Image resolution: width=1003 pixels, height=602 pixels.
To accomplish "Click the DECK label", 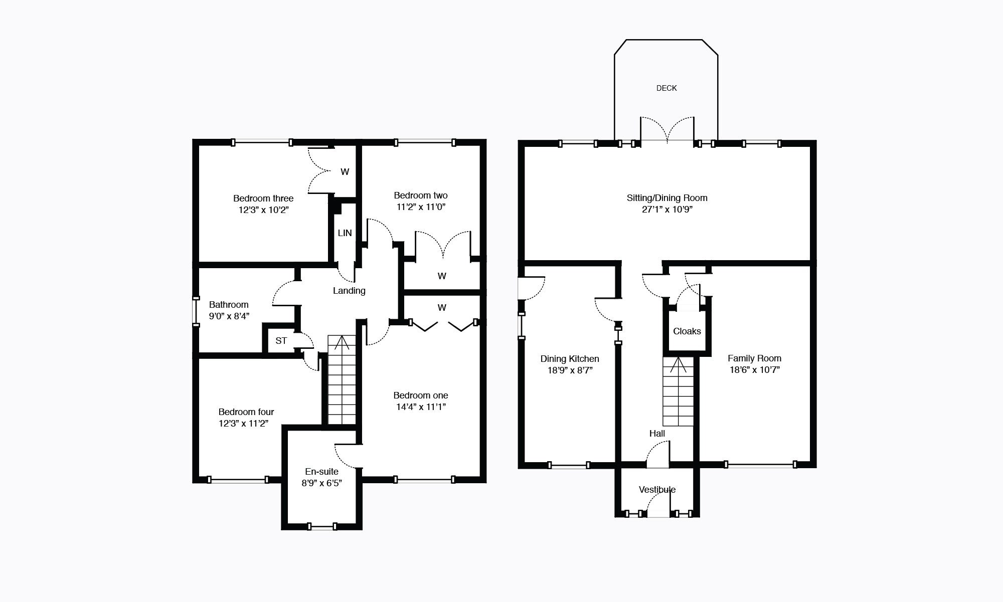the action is (666, 88).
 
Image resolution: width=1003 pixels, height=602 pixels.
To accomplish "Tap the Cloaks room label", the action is (687, 331).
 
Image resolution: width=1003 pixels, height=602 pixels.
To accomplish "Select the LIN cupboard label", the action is (345, 233).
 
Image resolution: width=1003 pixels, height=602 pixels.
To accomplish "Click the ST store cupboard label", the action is (281, 341).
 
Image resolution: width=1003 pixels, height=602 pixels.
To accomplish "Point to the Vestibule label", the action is (657, 490).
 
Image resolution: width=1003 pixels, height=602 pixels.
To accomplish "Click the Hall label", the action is (657, 434).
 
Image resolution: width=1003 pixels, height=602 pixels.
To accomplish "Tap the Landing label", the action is (349, 291).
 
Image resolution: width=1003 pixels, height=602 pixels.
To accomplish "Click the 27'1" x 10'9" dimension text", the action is (667, 210).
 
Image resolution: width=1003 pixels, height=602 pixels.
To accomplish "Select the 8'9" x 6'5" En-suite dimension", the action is (321, 483).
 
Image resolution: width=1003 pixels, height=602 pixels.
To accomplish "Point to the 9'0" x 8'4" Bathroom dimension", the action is (229, 316).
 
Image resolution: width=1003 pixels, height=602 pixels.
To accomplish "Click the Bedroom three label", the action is (263, 198).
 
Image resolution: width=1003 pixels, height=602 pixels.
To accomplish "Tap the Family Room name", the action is (754, 358).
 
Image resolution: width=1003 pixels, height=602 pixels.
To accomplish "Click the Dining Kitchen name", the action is (570, 359).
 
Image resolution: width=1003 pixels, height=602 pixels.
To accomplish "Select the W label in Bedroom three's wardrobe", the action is (345, 172).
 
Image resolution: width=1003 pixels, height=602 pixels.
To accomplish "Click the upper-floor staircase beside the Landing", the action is (342, 380).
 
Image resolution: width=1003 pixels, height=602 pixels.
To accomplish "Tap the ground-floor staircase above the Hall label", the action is (678, 391).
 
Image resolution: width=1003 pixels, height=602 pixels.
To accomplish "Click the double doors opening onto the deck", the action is (667, 130).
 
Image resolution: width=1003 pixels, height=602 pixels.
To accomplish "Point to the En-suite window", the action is (322, 526).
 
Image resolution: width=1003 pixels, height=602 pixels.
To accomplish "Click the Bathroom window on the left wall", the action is (196, 312).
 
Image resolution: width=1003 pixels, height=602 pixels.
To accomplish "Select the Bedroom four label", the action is (246, 412).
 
